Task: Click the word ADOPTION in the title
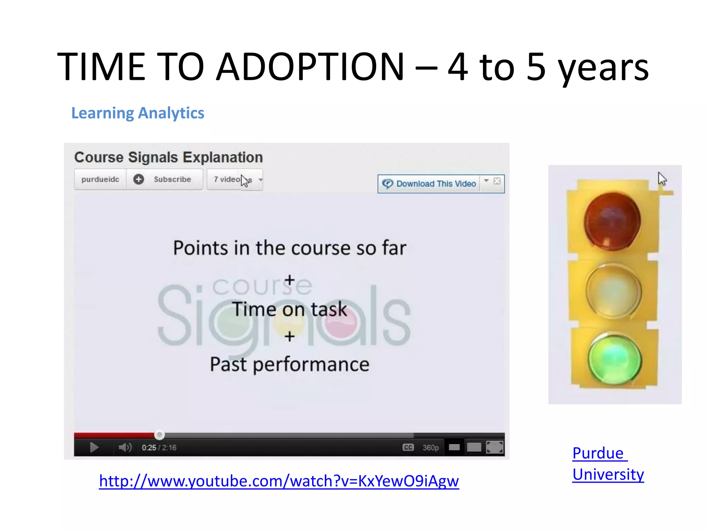point(310,66)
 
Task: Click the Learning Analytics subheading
point(137,113)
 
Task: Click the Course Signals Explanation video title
point(168,157)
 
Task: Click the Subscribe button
point(165,179)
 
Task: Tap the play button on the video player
point(94,447)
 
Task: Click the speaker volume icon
point(125,447)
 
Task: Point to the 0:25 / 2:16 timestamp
point(159,448)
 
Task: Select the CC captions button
point(408,447)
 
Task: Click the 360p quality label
point(430,448)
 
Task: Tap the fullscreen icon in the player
point(494,447)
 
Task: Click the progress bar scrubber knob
point(159,435)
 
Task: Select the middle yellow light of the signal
point(613,291)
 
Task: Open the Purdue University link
point(608,464)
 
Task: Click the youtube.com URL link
point(279,481)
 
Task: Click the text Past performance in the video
point(289,364)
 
